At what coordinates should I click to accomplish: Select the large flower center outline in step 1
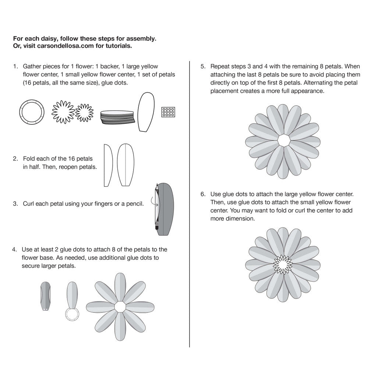click(x=63, y=112)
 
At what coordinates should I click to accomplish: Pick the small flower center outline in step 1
click(x=84, y=112)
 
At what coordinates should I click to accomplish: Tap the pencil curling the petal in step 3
click(x=157, y=208)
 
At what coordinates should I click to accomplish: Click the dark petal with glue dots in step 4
click(x=45, y=296)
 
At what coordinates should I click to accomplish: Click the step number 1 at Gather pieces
click(x=15, y=67)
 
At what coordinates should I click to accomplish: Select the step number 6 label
click(x=203, y=194)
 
